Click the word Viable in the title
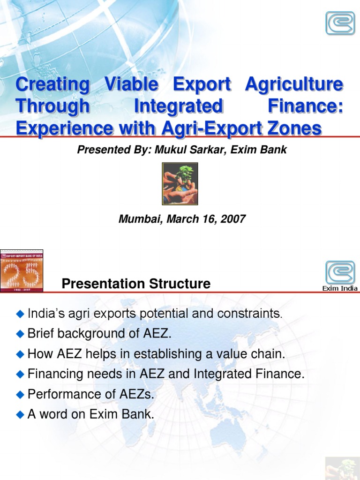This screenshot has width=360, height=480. point(132,85)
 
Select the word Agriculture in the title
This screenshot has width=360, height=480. point(294,85)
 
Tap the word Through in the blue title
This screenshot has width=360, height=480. point(52,106)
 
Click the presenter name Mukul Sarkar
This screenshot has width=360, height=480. point(189,150)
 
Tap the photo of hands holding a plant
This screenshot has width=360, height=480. point(180,184)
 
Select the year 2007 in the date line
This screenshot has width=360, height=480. point(233,219)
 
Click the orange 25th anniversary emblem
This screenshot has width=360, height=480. point(22,271)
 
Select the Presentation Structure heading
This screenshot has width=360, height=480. point(136,284)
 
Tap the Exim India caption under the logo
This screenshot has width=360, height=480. point(340,288)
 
